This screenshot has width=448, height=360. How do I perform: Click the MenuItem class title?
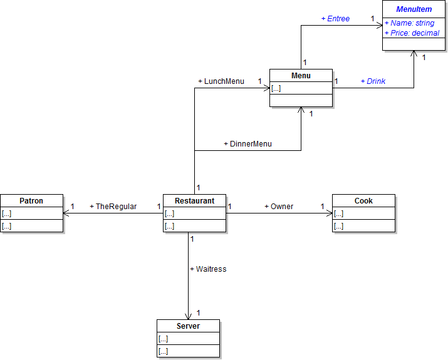tap(414, 9)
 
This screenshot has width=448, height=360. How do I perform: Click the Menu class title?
tap(301, 76)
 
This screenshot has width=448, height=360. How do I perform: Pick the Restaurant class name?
tap(194, 201)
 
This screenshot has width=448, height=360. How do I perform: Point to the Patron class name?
tap(31, 201)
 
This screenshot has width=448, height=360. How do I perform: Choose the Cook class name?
tap(363, 201)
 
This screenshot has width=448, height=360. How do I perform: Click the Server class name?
tap(188, 326)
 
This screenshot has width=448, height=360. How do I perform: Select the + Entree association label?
tap(335, 19)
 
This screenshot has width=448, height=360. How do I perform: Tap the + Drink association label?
tap(373, 81)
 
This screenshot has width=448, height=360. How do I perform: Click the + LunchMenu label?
tap(221, 81)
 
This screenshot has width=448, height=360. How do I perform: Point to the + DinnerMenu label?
tap(247, 144)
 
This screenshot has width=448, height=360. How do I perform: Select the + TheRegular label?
tap(113, 207)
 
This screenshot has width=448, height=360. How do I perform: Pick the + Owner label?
tap(279, 207)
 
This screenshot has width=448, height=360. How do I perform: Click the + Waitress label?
tap(208, 269)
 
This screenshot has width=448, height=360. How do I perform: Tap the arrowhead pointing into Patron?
tap(66, 213)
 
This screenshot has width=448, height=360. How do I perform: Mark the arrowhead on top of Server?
tap(188, 316)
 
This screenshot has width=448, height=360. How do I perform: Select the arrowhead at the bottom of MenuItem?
tap(414, 54)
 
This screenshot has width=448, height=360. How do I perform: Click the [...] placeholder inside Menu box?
tap(276, 88)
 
